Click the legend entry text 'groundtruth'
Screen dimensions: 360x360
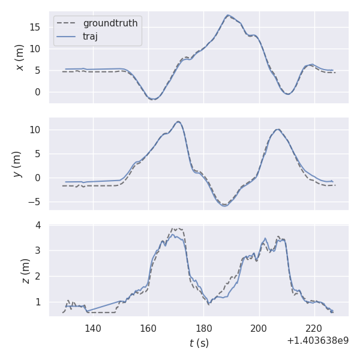110,23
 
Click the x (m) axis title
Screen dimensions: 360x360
20,57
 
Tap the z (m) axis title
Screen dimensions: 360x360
25,271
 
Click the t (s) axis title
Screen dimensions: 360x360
199,343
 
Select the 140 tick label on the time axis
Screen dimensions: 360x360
93,328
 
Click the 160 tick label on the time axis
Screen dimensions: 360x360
148,328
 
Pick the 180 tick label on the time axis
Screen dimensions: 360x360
203,328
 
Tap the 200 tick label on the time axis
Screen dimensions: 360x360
259,328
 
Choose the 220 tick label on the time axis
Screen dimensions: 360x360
314,328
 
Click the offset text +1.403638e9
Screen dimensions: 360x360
317,341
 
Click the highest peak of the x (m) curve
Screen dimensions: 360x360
228,15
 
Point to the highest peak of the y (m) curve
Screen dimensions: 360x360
178,122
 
